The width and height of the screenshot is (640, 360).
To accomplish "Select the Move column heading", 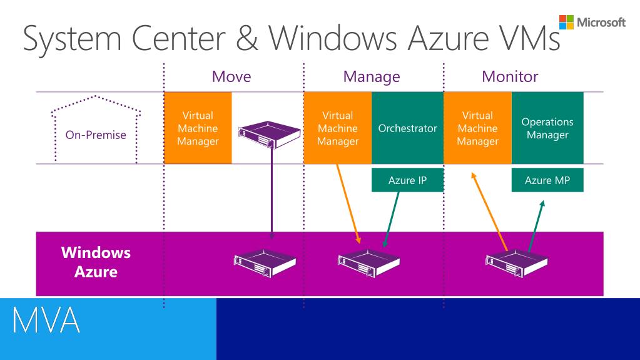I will tap(231, 77).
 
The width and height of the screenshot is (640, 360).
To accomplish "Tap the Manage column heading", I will tap(371, 77).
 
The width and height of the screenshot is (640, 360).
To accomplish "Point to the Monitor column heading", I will tap(510, 77).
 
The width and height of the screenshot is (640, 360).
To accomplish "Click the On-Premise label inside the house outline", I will tap(96, 135).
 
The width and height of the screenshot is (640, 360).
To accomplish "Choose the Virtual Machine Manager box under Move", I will tap(198, 128).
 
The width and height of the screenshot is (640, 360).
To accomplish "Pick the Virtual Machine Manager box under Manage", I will tap(338, 128).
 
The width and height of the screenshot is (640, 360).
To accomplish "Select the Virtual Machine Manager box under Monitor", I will tap(477, 128).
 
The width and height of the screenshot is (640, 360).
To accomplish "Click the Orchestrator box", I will tap(407, 128).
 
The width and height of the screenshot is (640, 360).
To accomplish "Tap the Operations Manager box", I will tap(547, 128).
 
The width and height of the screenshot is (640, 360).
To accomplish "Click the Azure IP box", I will tap(407, 180).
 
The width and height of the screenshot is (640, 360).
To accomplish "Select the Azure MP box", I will tap(547, 180).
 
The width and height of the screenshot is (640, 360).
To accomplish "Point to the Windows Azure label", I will tap(96, 262).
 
